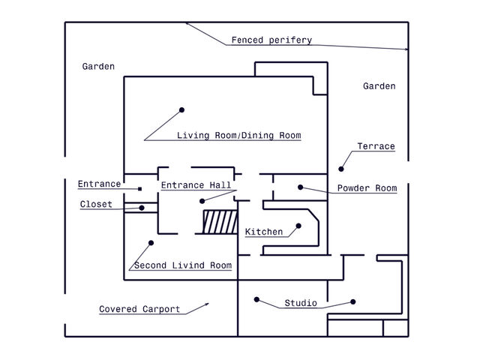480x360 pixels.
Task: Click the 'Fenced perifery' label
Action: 271,40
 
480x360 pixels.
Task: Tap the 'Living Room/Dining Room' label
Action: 238,136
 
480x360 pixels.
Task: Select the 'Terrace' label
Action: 376,146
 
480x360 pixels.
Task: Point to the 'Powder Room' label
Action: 367,188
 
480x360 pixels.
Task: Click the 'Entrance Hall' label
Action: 196,184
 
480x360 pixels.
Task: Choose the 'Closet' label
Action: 96,204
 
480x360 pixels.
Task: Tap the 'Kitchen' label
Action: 264,232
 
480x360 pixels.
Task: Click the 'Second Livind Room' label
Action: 182,265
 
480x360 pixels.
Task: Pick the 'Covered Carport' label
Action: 139,309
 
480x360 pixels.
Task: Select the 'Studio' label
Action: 300,304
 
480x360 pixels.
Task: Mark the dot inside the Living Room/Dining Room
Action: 181,110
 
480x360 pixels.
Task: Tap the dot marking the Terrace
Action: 341,168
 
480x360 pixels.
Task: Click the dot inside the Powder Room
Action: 299,187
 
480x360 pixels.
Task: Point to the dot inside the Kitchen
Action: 298,225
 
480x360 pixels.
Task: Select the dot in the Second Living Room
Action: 151,242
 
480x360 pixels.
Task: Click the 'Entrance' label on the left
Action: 99,184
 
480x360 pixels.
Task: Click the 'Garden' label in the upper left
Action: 98,67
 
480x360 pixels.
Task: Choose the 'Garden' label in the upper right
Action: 379,86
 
